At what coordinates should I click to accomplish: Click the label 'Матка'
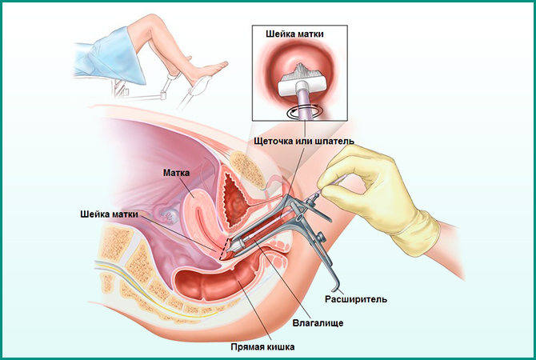pos(177,171)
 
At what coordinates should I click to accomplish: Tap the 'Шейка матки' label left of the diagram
pos(114,214)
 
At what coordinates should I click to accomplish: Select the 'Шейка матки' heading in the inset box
pos(297,35)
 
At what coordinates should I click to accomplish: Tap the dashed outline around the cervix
pos(229,248)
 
